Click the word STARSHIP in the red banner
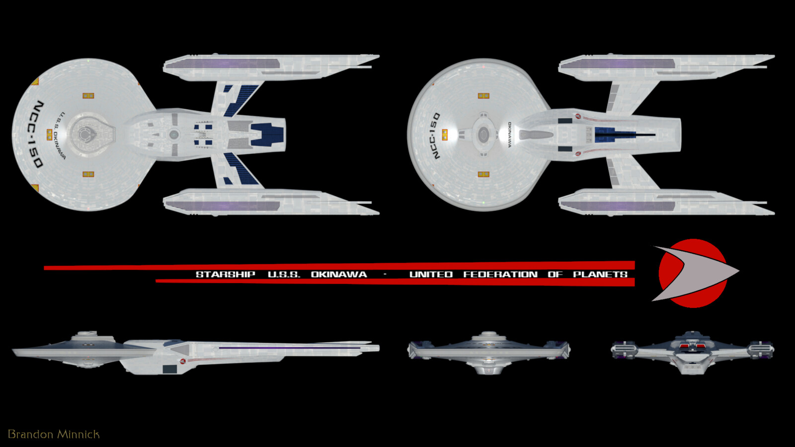(225, 274)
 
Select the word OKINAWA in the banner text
(339, 274)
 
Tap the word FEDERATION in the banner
(500, 274)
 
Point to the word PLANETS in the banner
(600, 274)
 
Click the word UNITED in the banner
(431, 274)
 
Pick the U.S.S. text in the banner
(284, 274)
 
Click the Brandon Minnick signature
(54, 434)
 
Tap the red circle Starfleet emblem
(693, 273)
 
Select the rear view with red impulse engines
(692, 351)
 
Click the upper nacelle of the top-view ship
(271, 65)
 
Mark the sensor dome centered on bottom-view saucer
(483, 134)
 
